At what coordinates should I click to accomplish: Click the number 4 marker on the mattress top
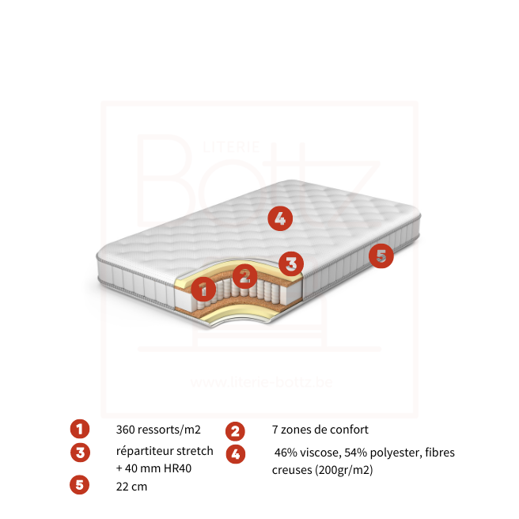click(x=280, y=218)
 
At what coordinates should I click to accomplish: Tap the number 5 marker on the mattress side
click(x=381, y=256)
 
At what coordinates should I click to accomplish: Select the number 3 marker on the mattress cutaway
click(x=291, y=263)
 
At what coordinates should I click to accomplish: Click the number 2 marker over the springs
click(x=245, y=276)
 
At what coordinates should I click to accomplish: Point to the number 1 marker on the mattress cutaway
click(x=203, y=289)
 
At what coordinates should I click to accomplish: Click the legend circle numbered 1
click(x=80, y=430)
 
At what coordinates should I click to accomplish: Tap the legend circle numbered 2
click(x=235, y=431)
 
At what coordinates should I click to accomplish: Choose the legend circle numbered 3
click(x=80, y=453)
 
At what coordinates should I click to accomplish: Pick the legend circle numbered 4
click(x=235, y=454)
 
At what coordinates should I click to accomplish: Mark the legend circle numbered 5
click(x=80, y=485)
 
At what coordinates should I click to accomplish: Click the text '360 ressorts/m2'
click(x=158, y=430)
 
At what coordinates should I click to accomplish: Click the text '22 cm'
click(x=131, y=487)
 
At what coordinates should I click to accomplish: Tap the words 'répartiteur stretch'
click(x=165, y=451)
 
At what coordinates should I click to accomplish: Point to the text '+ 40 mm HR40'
click(x=153, y=468)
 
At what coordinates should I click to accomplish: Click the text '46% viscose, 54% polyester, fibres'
click(x=365, y=453)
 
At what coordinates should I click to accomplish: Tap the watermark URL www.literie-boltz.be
click(x=261, y=382)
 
